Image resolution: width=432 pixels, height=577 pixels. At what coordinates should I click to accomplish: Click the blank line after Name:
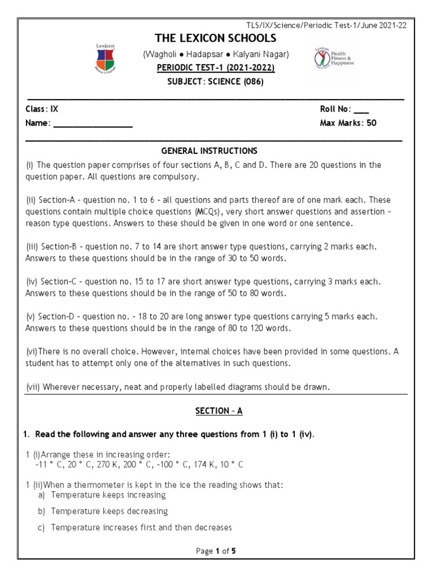pyautogui.click(x=93, y=123)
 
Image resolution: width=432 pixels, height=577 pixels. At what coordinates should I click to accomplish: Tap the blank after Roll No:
pyautogui.click(x=362, y=109)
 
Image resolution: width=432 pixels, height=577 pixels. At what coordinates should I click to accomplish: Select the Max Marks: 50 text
pyautogui.click(x=348, y=123)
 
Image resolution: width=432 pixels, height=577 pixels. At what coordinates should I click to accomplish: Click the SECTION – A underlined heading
pyautogui.click(x=219, y=411)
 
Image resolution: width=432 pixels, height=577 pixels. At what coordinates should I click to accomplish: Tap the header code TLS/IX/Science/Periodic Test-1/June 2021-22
pyautogui.click(x=326, y=25)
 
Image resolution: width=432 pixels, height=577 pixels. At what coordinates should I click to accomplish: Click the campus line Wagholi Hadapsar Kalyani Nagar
pyautogui.click(x=217, y=55)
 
